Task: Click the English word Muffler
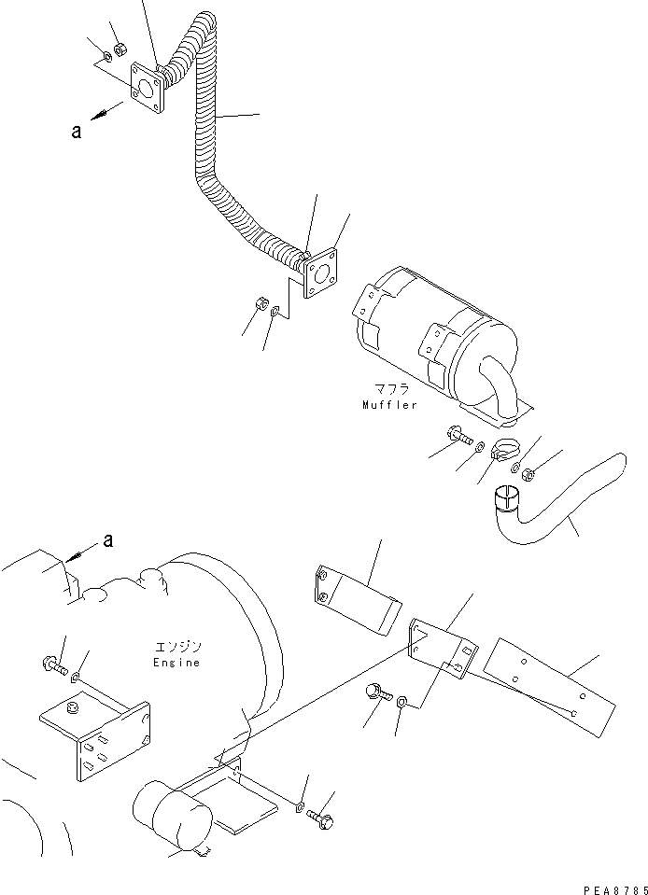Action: (389, 405)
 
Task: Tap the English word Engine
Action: (177, 663)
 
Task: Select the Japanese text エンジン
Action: (178, 646)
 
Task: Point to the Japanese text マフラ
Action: (386, 387)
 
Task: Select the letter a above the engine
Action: (109, 540)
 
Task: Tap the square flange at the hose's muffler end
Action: (319, 274)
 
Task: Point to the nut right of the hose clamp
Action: (529, 474)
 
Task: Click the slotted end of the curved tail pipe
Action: (505, 499)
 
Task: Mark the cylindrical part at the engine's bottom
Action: (169, 818)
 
